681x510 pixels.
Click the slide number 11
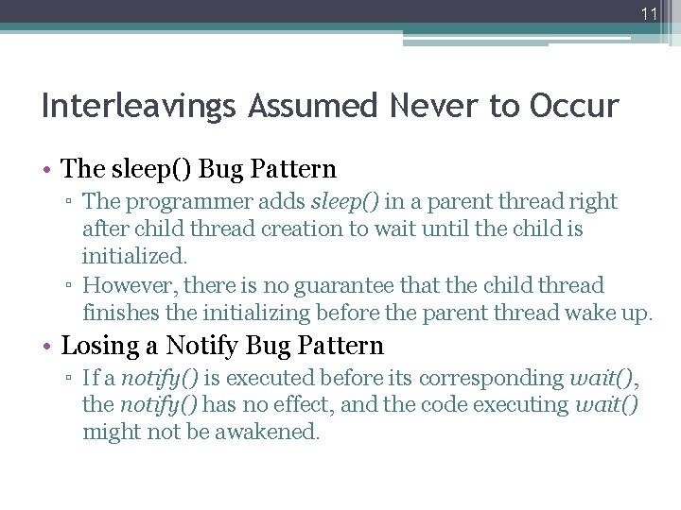click(x=648, y=13)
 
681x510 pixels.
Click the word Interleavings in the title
click(x=138, y=106)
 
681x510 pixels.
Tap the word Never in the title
click(x=425, y=106)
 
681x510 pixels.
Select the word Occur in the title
click(x=575, y=106)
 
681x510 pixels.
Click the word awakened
click(x=275, y=433)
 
